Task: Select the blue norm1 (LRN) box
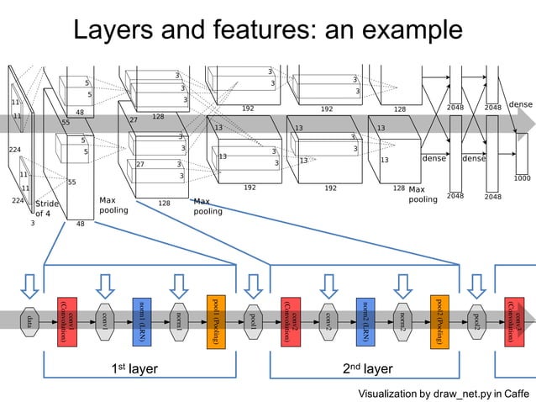point(142,320)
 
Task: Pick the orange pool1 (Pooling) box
point(216,320)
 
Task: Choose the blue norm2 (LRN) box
point(365,320)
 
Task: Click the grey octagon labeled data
point(30,320)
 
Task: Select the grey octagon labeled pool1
point(254,320)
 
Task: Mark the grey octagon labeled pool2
point(477,320)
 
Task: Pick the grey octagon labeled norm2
point(403,320)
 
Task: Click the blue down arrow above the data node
point(30,286)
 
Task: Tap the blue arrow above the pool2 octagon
point(477,286)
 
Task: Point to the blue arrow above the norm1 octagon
point(179,286)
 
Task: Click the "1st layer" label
point(134,368)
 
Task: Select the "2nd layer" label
point(368,368)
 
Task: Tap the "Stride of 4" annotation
point(46,208)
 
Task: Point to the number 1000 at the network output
point(522,178)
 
